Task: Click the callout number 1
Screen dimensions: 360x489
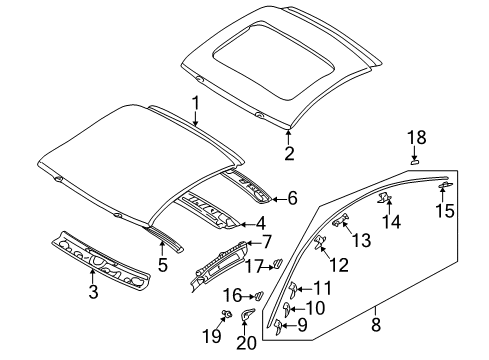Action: (196, 102)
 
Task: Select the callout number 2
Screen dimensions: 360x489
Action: (288, 153)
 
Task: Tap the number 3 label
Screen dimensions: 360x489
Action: (94, 292)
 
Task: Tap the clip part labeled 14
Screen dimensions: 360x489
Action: (383, 200)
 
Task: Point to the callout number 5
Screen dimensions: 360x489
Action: (163, 267)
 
